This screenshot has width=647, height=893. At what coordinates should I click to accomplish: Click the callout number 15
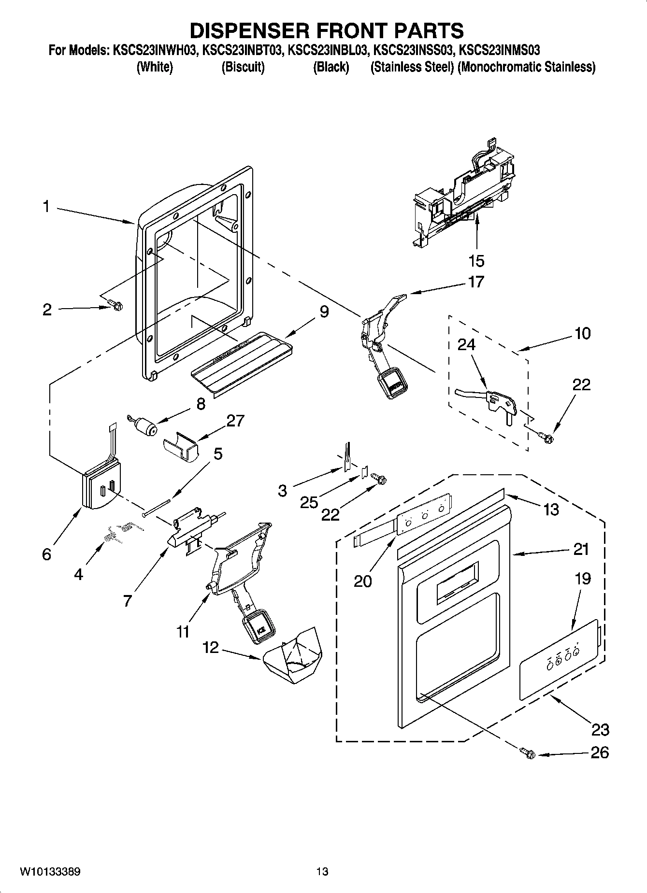pyautogui.click(x=476, y=261)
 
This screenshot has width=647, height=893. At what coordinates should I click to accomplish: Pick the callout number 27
pyautogui.click(x=235, y=421)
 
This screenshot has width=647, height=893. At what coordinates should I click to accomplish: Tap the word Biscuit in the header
pyautogui.click(x=243, y=67)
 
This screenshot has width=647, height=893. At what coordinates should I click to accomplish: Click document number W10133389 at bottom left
pyautogui.click(x=50, y=872)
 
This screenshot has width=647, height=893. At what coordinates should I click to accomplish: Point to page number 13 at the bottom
pyautogui.click(x=322, y=872)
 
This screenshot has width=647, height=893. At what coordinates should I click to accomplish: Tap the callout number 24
pyautogui.click(x=466, y=344)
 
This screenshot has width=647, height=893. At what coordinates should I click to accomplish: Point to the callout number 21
pyautogui.click(x=581, y=549)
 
